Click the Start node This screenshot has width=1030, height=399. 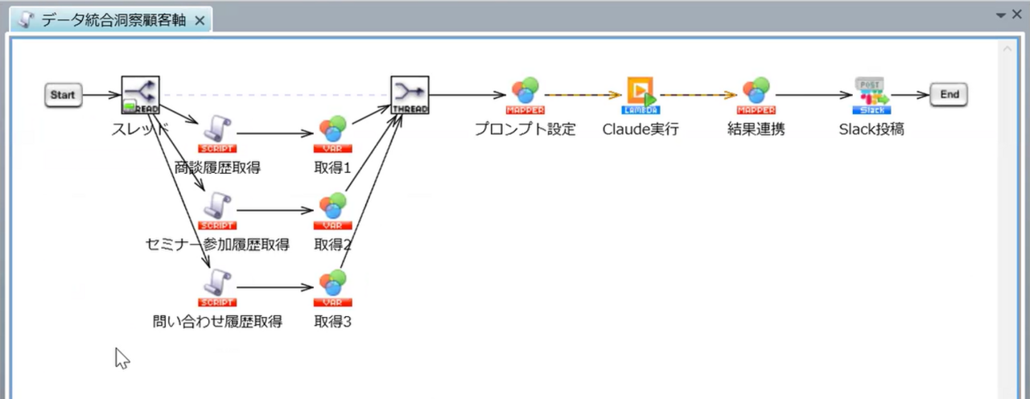(63, 95)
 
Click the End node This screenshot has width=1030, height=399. (950, 95)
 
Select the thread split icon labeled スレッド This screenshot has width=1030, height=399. (141, 95)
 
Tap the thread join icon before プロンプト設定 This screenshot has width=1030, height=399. (410, 95)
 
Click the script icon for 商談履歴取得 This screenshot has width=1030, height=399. (217, 134)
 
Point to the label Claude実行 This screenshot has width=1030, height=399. (641, 129)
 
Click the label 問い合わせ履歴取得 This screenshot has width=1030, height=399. (217, 323)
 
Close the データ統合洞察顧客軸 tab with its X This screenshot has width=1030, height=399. (200, 20)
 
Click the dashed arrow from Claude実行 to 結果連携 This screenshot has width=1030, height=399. (698, 95)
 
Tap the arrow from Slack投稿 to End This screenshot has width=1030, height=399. (909, 95)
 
